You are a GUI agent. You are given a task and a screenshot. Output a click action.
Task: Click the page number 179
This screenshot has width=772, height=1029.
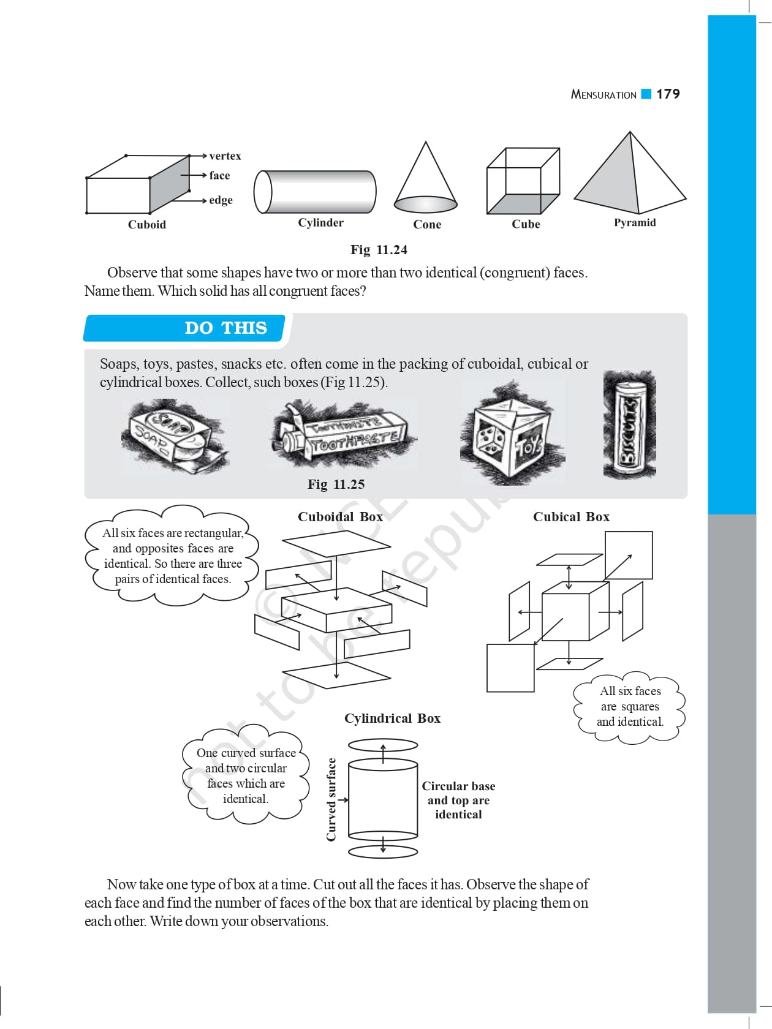point(668,94)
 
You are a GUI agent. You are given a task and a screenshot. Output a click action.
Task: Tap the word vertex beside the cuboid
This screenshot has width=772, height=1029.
point(225,156)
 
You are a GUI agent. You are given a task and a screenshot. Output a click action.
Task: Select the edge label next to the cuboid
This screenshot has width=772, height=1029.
point(221,200)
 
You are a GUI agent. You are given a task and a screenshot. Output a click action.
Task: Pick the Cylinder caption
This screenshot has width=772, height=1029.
point(320,222)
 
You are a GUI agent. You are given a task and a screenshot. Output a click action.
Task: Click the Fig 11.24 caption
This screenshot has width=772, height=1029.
point(379,250)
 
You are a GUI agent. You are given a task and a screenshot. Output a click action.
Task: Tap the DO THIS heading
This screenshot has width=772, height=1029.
point(225,328)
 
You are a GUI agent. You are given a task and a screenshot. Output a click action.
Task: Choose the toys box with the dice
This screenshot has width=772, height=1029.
point(511,435)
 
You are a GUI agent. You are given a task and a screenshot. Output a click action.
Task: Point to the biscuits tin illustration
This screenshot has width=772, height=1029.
point(629,424)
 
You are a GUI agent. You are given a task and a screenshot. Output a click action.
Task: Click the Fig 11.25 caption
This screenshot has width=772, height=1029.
point(336,484)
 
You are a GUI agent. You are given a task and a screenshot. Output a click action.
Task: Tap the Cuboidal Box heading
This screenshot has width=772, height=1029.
point(340,517)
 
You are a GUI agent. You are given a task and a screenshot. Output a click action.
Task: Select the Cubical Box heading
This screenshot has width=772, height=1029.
point(571,517)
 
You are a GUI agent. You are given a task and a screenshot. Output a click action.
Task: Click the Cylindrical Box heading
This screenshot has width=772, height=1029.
point(392,718)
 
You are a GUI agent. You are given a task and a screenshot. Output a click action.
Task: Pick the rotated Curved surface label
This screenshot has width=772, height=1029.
point(331,799)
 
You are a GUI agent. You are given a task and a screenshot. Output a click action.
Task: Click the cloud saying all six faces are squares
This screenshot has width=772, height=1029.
point(630,707)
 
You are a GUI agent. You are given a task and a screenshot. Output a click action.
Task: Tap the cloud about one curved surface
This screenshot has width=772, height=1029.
point(246,775)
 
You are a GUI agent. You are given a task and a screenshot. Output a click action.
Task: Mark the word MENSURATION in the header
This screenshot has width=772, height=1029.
point(604,94)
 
